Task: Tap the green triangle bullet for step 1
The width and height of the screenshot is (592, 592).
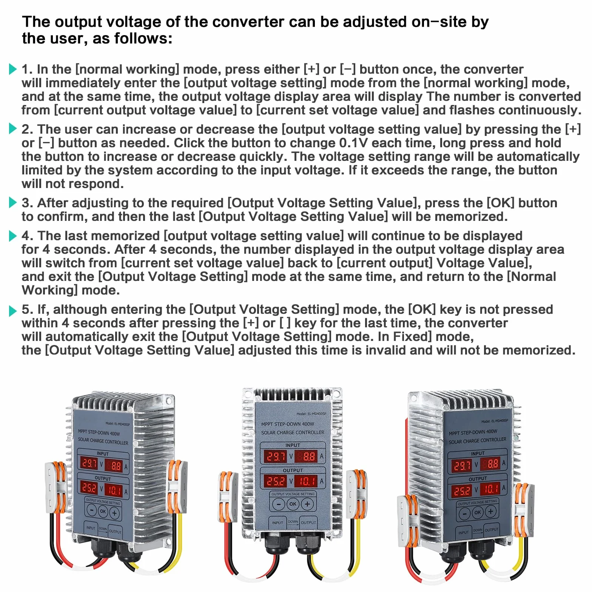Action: coord(13,69)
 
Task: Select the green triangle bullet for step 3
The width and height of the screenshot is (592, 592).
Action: coord(13,203)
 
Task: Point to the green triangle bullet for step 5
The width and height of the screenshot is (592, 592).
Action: coord(13,311)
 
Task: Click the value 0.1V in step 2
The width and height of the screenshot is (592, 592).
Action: coord(353,143)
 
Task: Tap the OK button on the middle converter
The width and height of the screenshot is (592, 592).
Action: coord(293,504)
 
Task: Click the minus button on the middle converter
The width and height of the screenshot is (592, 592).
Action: coord(279,504)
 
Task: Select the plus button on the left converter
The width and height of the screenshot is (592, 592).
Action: coord(114,513)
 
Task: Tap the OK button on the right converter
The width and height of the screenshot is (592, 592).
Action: coord(478,512)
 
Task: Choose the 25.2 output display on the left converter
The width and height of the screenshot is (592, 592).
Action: coord(89,487)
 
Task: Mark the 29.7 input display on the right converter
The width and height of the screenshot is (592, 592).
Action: coord(462,465)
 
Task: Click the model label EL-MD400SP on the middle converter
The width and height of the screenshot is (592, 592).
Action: coord(311,414)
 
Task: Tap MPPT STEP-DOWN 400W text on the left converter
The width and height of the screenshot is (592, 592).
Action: coord(99,433)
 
